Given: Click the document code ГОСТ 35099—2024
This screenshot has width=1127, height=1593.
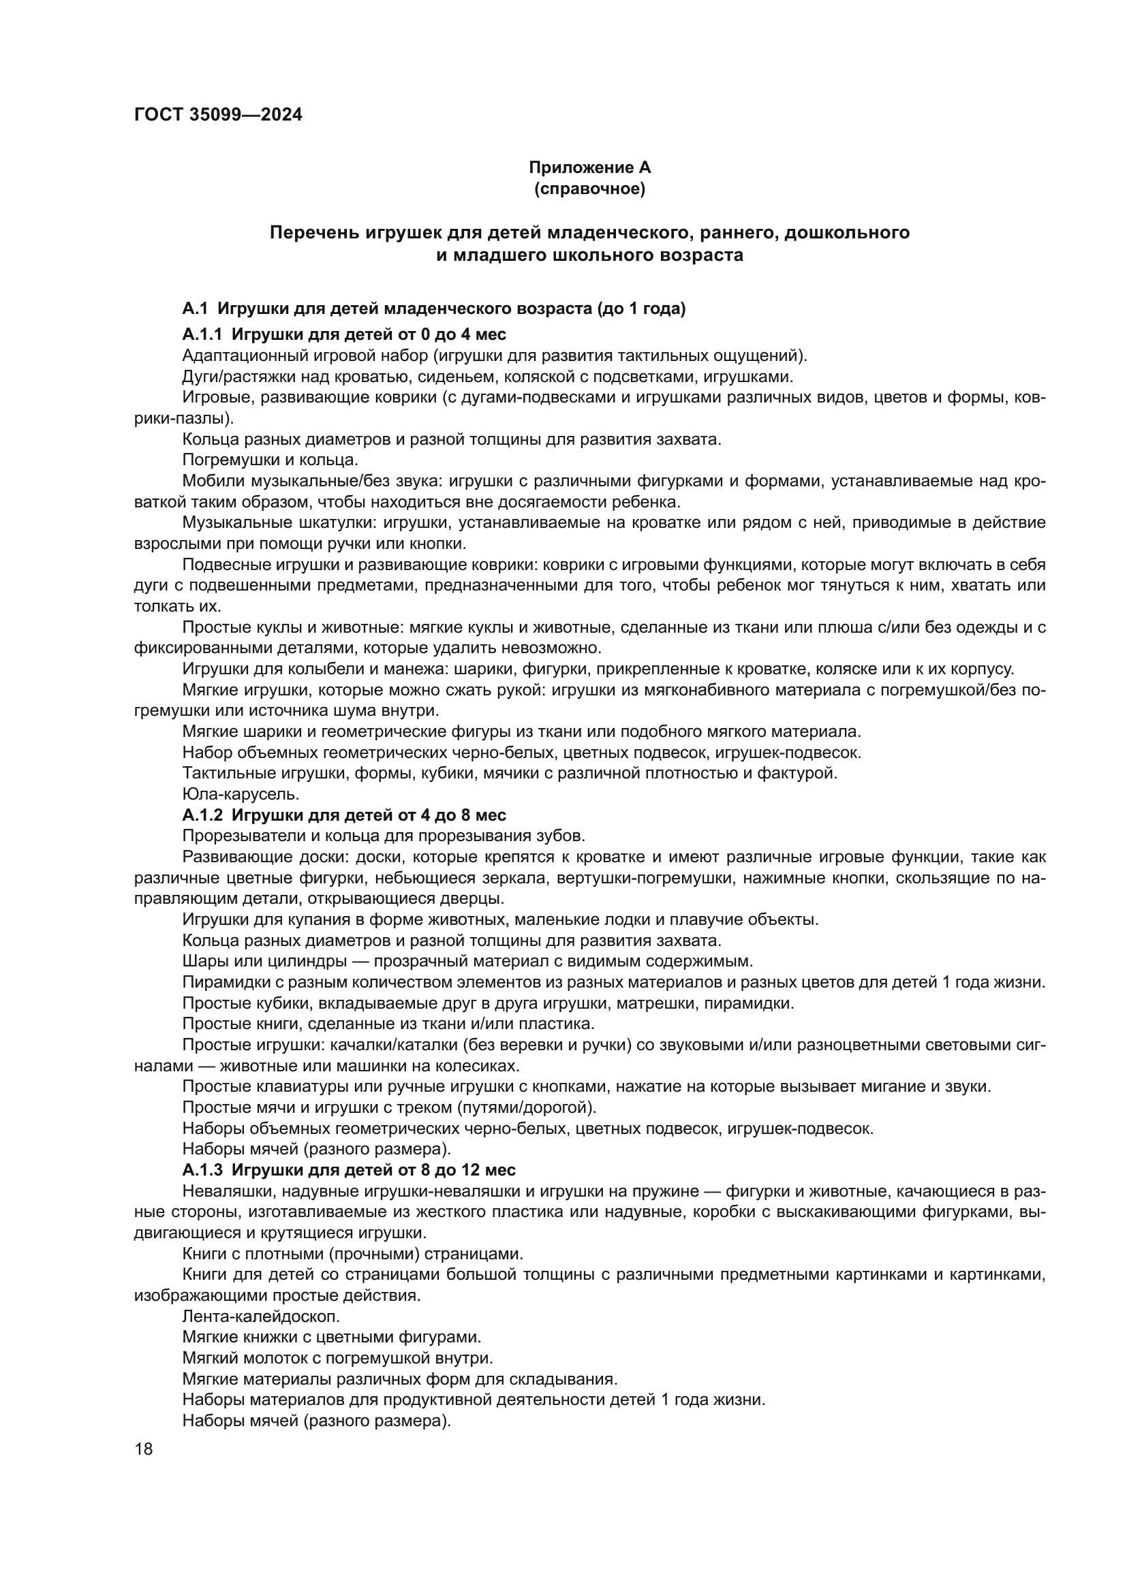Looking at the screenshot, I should [218, 115].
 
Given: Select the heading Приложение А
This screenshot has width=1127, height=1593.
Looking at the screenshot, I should [589, 168].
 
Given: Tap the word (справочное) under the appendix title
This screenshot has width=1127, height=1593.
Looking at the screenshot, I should [589, 189].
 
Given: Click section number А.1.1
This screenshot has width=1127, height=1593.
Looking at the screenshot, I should [202, 334].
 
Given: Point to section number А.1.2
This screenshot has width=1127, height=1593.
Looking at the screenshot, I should [202, 815].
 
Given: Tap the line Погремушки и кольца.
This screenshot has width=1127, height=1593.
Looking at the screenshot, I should [270, 460].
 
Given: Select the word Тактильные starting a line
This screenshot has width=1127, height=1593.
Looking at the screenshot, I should [225, 772].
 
